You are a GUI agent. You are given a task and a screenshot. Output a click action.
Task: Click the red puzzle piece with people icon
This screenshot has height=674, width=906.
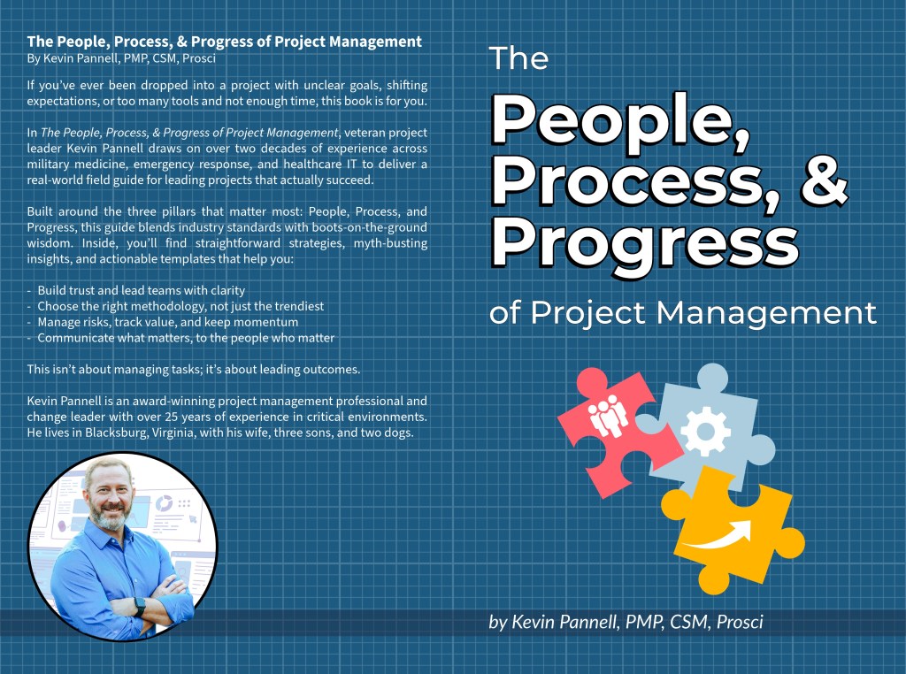click(x=610, y=416)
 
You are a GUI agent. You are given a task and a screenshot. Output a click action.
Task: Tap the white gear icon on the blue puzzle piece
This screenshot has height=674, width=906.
click(x=705, y=432)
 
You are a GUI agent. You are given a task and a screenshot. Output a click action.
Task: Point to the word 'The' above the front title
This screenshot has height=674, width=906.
click(x=518, y=58)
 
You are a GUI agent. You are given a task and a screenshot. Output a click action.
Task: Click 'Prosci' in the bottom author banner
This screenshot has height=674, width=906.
click(x=735, y=622)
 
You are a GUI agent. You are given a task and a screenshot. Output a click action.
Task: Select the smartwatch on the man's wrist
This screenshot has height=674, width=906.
click(x=140, y=608)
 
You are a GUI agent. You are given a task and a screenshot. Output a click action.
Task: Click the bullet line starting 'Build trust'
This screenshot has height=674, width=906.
click(x=141, y=290)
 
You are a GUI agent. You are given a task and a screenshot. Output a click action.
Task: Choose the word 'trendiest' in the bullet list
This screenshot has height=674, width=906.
click(x=296, y=306)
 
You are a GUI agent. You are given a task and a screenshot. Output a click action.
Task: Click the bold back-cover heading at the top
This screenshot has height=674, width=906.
click(x=224, y=42)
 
